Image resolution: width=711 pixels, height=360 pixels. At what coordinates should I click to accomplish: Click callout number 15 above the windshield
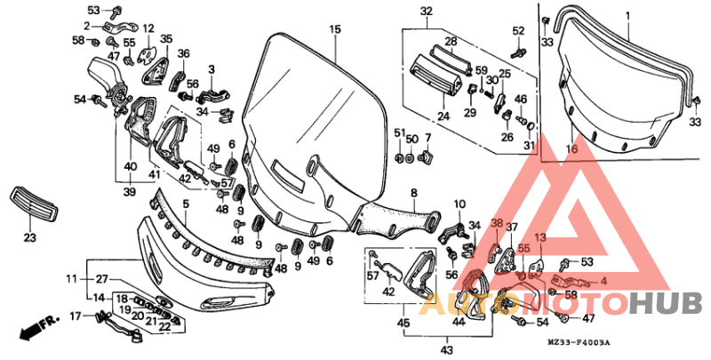pyautogui.click(x=335, y=29)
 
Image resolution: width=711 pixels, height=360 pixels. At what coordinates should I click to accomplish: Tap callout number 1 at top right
pyautogui.click(x=627, y=17)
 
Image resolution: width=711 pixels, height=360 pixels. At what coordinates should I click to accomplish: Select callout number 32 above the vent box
pyautogui.click(x=426, y=11)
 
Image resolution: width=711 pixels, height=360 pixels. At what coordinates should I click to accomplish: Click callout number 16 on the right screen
pyautogui.click(x=413, y=193)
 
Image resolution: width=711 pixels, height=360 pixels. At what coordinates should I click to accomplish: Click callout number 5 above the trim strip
pyautogui.click(x=186, y=204)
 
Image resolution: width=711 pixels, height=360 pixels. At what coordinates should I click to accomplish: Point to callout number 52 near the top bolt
pyautogui.click(x=520, y=31)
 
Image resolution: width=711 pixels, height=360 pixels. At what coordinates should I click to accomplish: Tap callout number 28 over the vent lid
pyautogui.click(x=451, y=42)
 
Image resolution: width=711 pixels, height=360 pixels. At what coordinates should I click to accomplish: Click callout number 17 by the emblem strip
pyautogui.click(x=75, y=315)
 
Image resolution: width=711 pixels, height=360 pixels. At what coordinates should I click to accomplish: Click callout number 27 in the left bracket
pyautogui.click(x=101, y=279)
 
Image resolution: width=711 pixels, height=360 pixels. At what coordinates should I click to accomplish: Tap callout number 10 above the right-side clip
pyautogui.click(x=459, y=204)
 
